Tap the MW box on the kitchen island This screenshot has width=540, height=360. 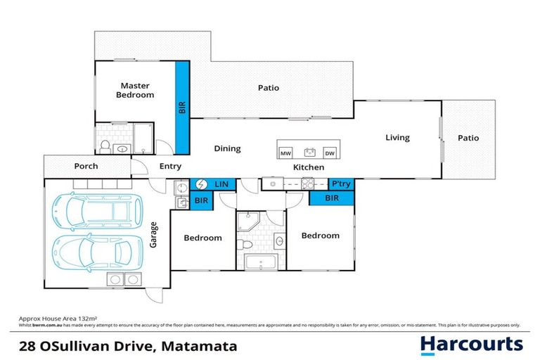tap(285, 153)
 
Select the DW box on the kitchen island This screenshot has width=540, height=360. tap(329, 153)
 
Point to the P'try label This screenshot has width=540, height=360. tap(341, 184)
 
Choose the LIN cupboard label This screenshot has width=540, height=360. tap(221, 184)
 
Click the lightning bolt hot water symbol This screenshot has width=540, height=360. tap(200, 184)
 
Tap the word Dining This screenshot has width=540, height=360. tap(227, 148)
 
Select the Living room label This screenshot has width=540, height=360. tap(397, 138)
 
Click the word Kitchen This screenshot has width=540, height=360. tap(309, 167)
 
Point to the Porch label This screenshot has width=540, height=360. tap(86, 167)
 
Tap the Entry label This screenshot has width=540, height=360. tap(170, 167)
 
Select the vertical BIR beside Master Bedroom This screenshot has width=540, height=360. tap(181, 108)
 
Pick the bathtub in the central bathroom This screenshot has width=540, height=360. tap(262, 264)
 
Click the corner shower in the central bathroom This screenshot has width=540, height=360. tap(249, 222)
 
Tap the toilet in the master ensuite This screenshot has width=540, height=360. tap(104, 146)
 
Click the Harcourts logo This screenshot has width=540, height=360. tap(471, 344)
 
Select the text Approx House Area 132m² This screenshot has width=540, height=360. tap(48, 319)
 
